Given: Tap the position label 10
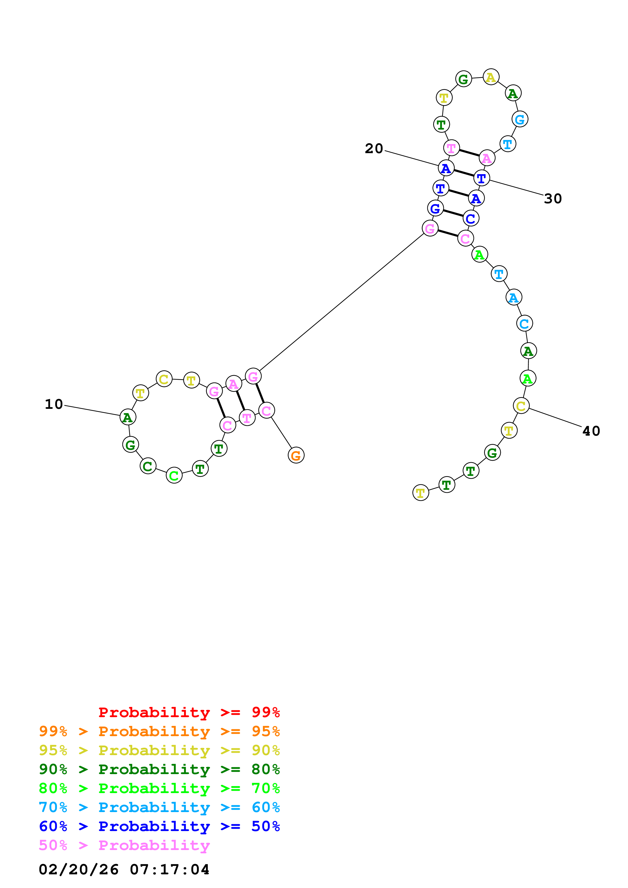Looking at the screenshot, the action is click(54, 404).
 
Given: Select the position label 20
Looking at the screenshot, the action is click(374, 149).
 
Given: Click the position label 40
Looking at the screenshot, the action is click(591, 431).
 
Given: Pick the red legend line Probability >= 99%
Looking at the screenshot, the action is click(189, 712).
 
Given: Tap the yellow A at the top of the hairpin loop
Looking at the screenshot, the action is click(491, 77).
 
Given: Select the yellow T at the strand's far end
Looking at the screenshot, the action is click(421, 493).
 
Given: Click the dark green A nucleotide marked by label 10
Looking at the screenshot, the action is click(128, 417).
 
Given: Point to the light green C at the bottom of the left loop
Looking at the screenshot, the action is click(174, 475).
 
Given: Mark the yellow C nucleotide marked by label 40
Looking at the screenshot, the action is click(521, 406).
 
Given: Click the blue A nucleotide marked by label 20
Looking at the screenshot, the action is click(446, 168).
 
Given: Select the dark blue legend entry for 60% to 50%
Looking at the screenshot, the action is click(159, 826).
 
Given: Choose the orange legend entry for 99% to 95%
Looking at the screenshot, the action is click(159, 731).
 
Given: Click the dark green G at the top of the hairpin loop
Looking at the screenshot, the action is click(464, 79).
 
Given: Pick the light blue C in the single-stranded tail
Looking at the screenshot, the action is click(525, 323).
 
